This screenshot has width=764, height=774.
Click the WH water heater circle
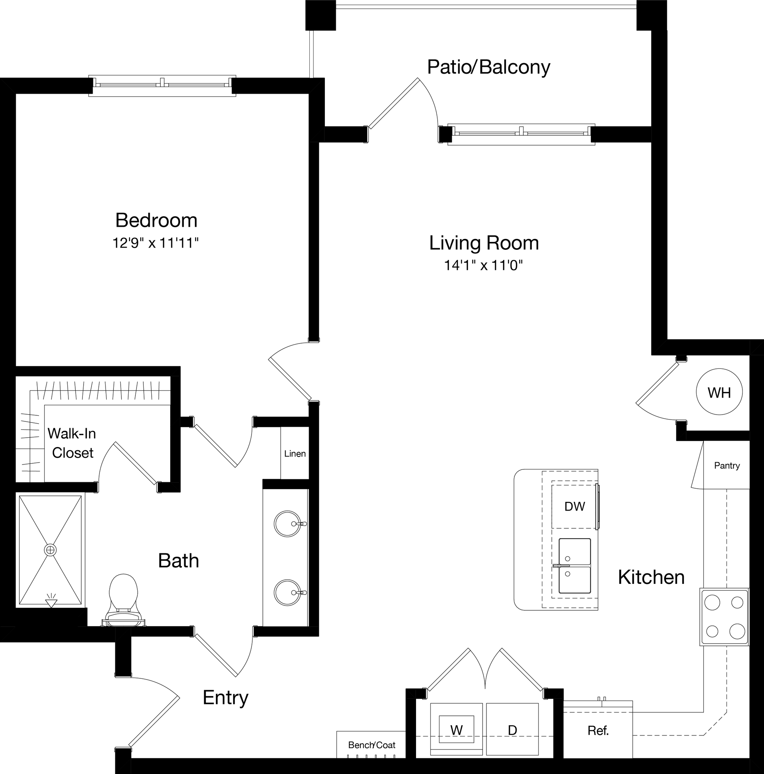(x=719, y=392)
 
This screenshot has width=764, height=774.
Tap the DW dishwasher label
(x=575, y=507)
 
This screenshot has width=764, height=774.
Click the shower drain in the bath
(x=51, y=550)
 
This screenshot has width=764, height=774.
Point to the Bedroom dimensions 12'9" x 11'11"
(x=155, y=243)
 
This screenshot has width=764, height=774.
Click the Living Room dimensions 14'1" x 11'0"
(x=484, y=265)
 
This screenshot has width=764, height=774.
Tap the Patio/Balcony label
(x=488, y=67)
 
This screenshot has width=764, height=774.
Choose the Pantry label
(x=727, y=466)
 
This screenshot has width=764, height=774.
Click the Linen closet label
(x=295, y=454)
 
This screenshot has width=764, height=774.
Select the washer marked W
(x=456, y=729)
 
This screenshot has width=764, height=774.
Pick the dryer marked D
(x=512, y=729)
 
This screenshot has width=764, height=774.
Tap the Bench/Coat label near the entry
(x=371, y=745)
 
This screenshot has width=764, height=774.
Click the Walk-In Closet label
(x=72, y=443)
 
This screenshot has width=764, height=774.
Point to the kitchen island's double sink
(x=575, y=566)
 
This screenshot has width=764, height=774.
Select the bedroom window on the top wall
(x=162, y=85)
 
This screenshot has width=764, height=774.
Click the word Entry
(x=225, y=698)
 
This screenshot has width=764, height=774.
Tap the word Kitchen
(x=651, y=577)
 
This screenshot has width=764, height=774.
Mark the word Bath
(x=179, y=561)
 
